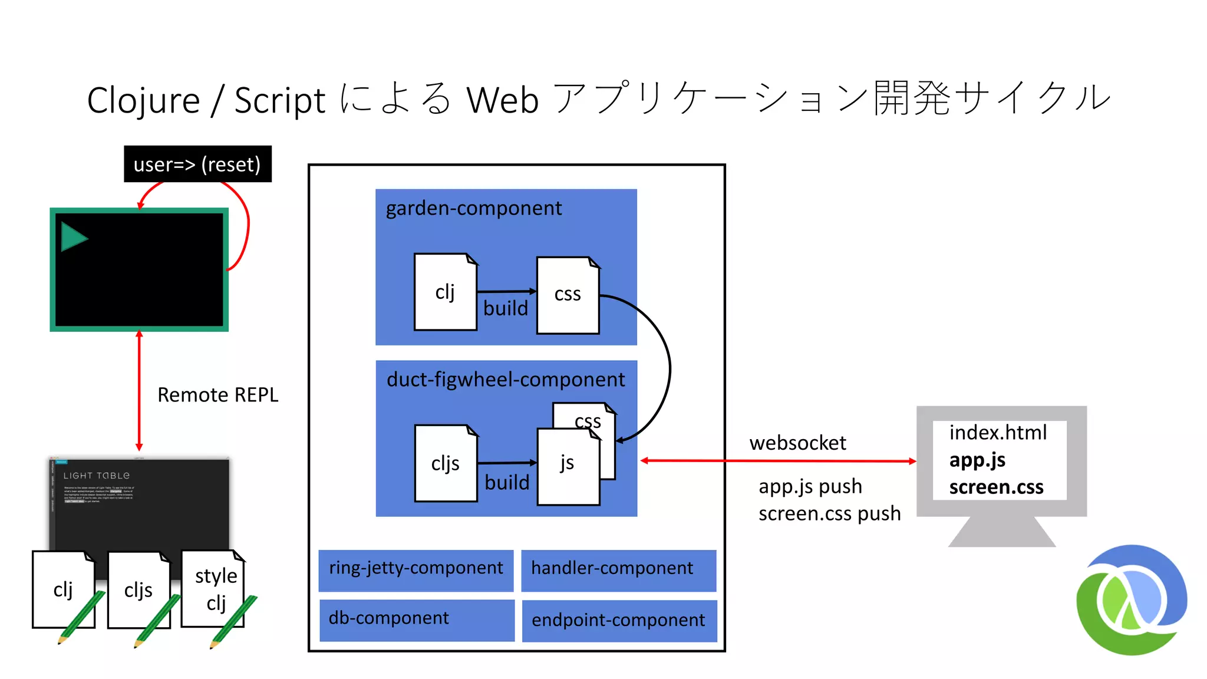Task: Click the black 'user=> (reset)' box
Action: coord(197,164)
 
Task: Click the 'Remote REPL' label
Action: coord(217,395)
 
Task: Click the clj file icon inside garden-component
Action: coord(445,292)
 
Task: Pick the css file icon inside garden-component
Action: coord(568,295)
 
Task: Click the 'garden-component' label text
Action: coord(473,208)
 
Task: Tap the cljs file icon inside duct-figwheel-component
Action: coord(446,463)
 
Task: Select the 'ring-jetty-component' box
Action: coord(415,568)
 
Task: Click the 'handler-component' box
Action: coord(618,568)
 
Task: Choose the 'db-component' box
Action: coord(417,619)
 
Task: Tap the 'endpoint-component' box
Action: coord(619,620)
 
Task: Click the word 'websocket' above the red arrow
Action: coord(797,443)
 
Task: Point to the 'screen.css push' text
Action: coord(829,513)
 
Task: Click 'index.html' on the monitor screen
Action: coord(998,433)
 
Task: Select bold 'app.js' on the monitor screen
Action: coord(977,460)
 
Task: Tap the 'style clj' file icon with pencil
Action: coord(215,589)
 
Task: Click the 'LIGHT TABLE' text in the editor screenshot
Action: coord(96,476)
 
